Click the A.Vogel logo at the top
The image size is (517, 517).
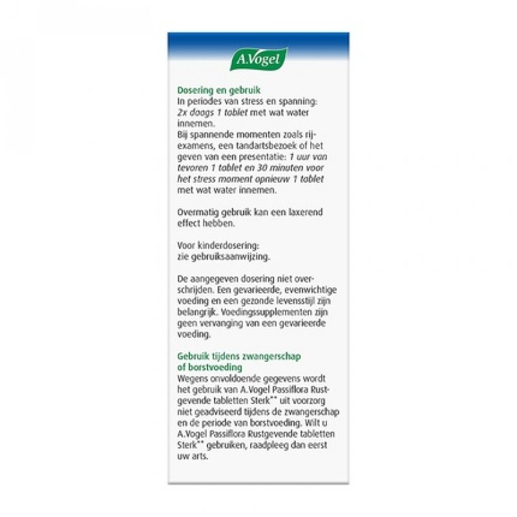click(258, 59)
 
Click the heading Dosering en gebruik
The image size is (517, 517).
click(215, 90)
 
